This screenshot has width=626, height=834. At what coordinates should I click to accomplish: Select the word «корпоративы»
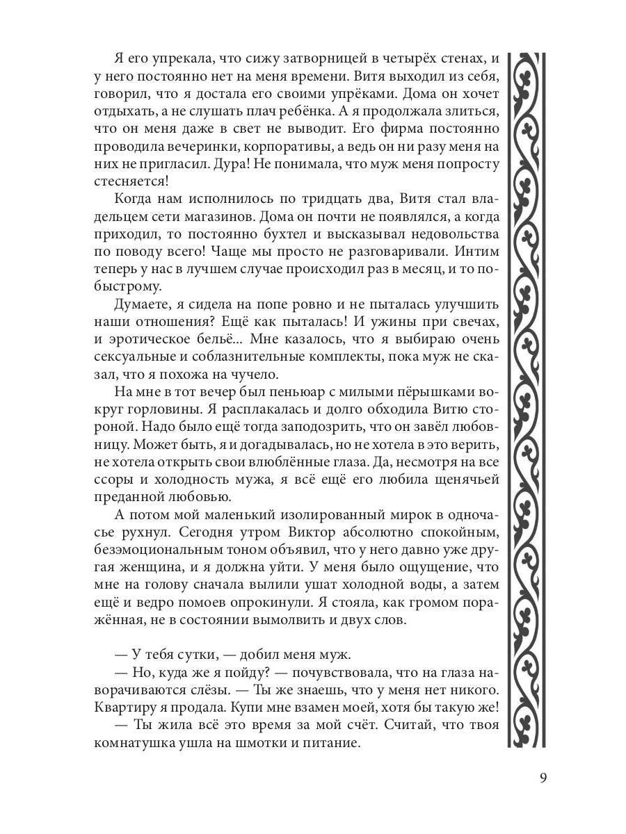[281, 147]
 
